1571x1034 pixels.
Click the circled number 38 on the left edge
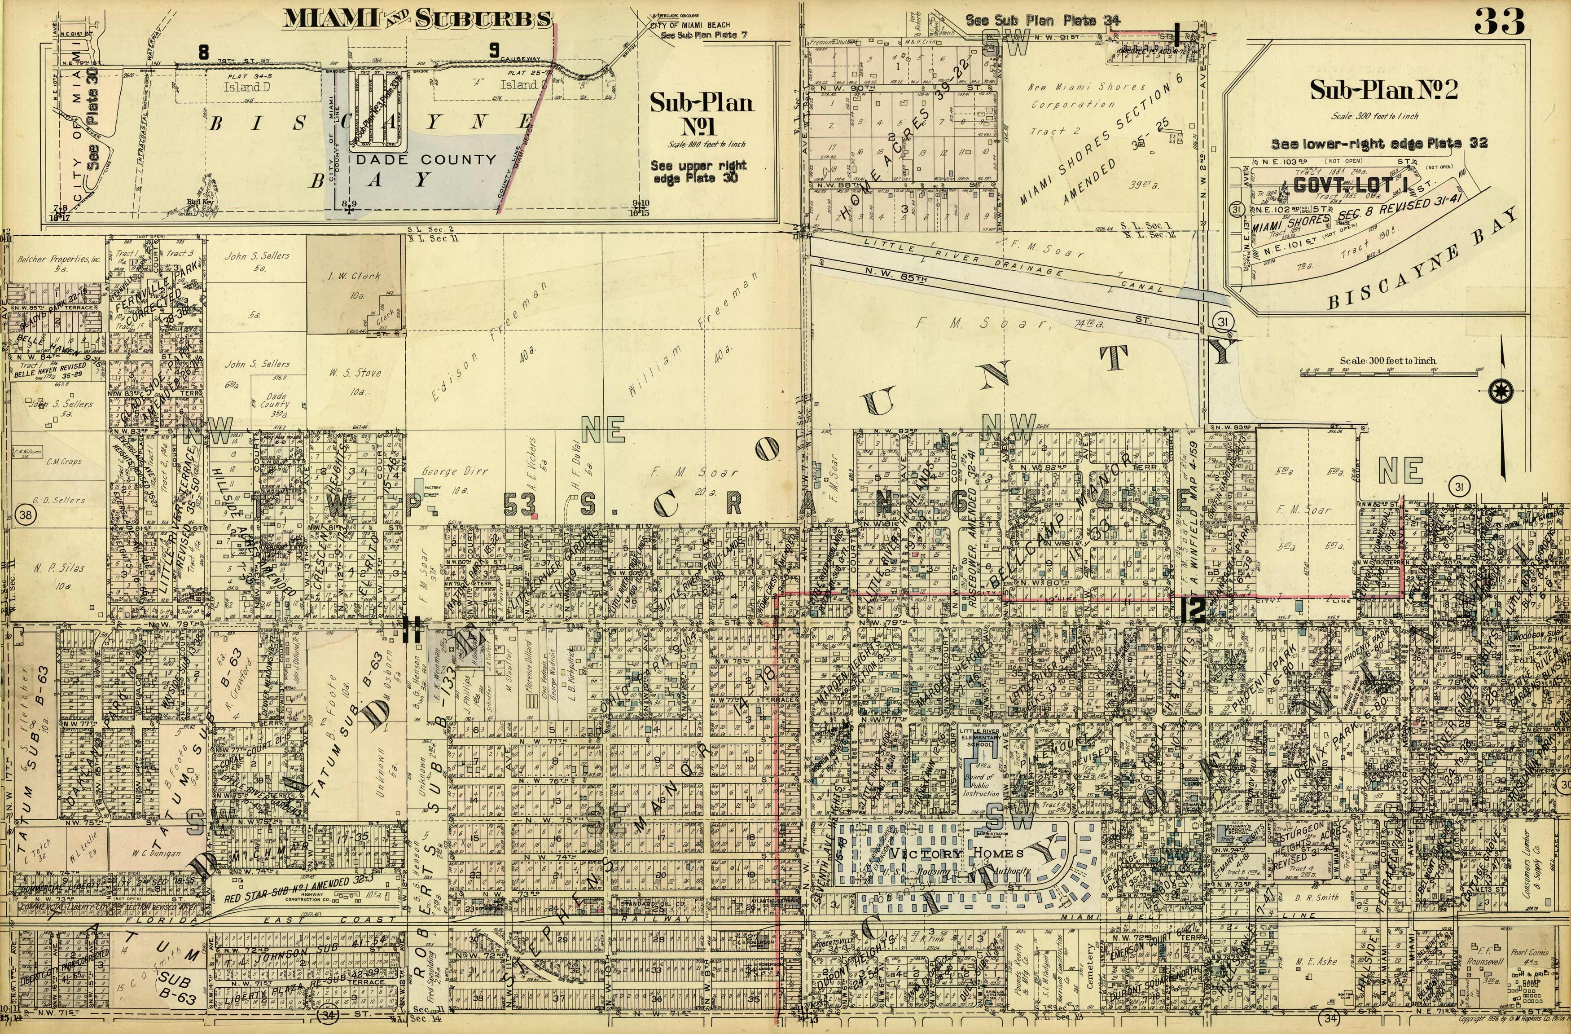tap(25, 516)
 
